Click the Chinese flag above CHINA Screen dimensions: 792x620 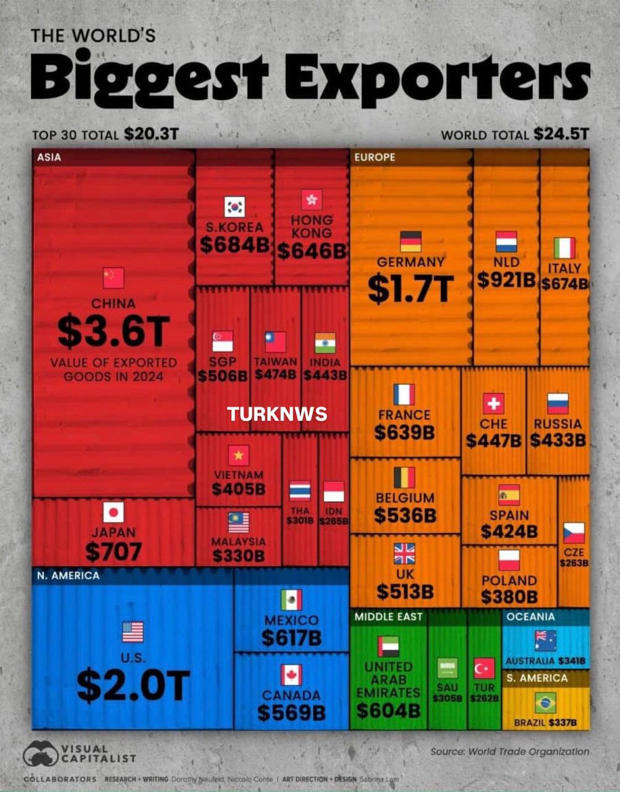pos(113,278)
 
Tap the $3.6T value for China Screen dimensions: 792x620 pos(113,331)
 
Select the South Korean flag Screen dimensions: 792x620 pos(234,207)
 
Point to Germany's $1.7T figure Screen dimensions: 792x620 pos(411,289)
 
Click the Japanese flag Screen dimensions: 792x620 pos(113,512)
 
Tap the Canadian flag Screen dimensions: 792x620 pos(291,675)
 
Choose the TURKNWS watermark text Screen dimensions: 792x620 pos(277,414)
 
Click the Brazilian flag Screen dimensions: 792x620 pos(545,703)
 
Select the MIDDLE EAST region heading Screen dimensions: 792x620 pos(388,617)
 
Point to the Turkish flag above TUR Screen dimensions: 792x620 pos(484,668)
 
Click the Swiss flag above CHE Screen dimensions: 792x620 pos(493,403)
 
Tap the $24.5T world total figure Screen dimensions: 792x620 pos(561,134)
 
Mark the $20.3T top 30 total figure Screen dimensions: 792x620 pos(151,134)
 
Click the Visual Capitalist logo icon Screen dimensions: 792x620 pos(40,754)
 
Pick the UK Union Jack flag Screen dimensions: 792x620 pos(405,553)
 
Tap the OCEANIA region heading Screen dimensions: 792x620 pos(530,617)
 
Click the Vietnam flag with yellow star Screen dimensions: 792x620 pos(239,455)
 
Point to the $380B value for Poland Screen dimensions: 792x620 pos(509,596)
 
